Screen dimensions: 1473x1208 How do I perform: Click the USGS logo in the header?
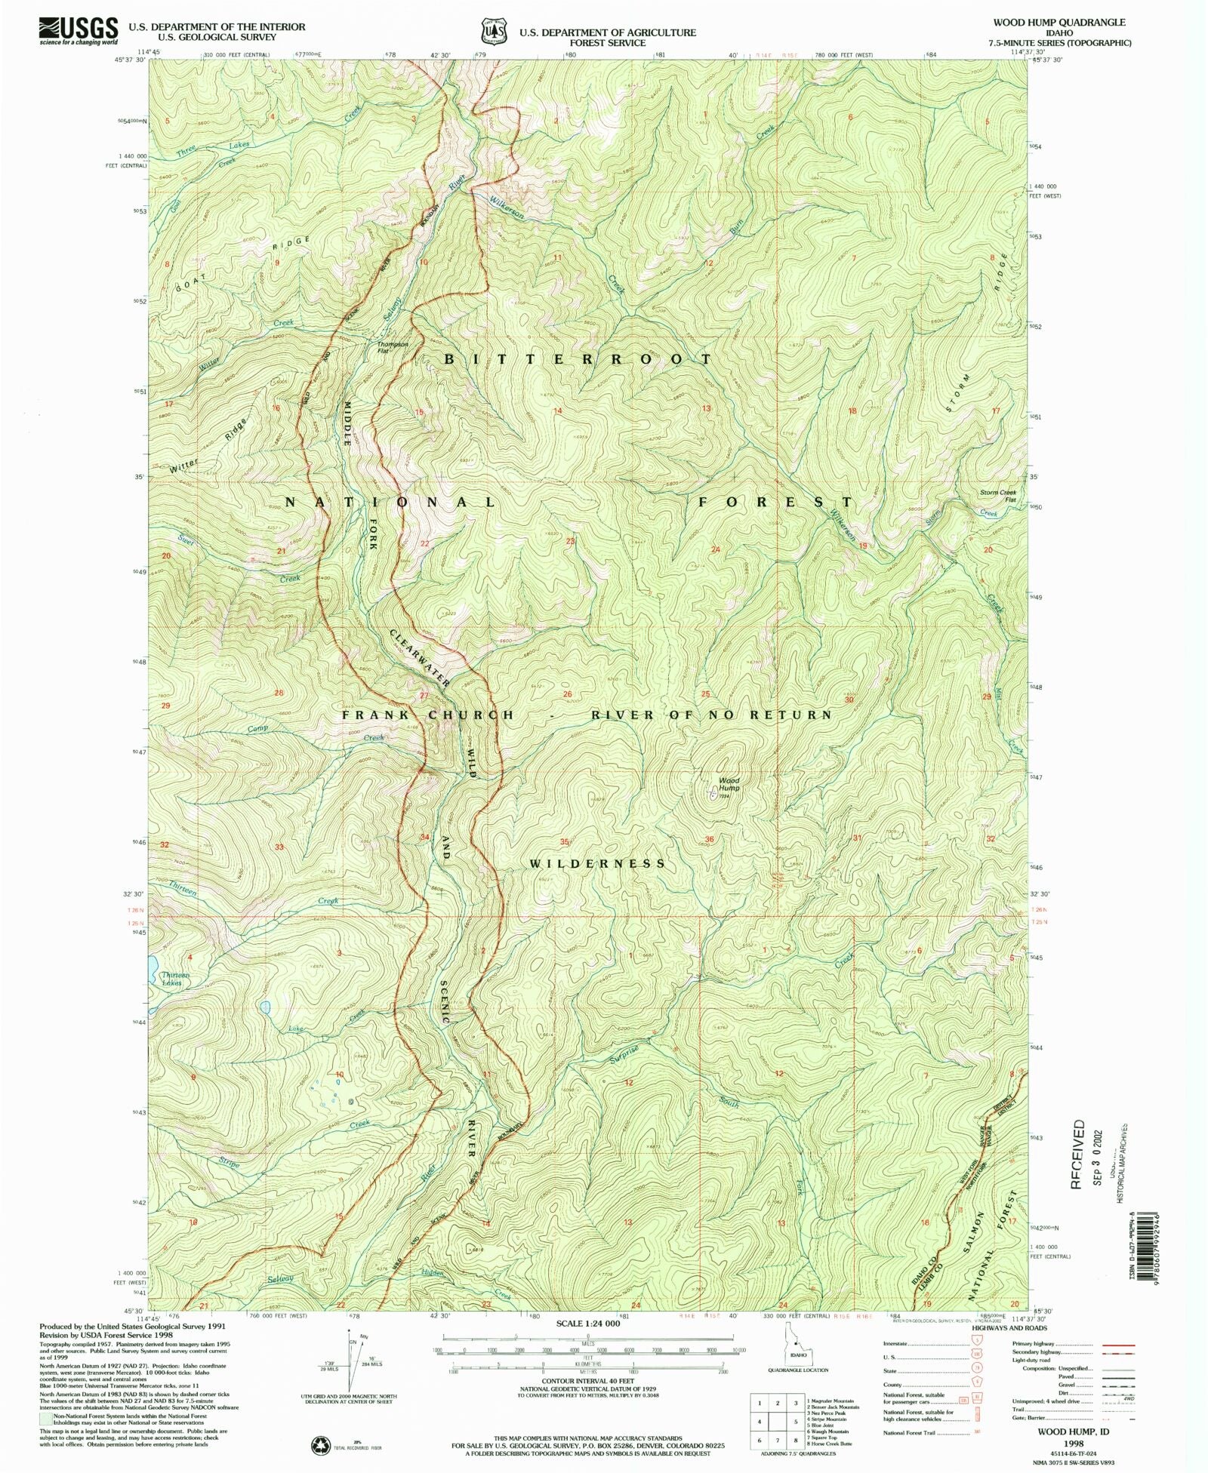tap(78, 30)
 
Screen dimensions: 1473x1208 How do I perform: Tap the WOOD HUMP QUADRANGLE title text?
tap(1059, 23)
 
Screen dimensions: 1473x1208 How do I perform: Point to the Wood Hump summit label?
tap(729, 784)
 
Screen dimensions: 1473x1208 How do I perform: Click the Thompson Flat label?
tap(393, 347)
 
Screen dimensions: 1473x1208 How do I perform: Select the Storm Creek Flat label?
tap(998, 496)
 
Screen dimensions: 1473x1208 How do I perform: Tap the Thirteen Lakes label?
tap(175, 979)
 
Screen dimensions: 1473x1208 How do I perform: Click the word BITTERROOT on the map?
tap(578, 359)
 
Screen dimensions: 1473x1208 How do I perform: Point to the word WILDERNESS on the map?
tap(597, 863)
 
